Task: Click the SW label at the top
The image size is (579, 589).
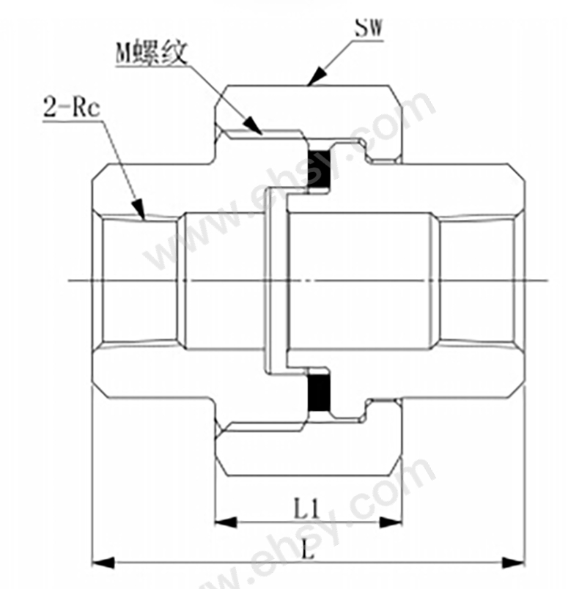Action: click(x=368, y=27)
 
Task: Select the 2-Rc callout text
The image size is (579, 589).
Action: click(x=72, y=108)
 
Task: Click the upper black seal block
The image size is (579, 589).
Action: click(x=319, y=169)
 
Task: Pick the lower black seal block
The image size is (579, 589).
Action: click(x=319, y=393)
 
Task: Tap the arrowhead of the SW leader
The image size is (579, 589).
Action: click(x=316, y=76)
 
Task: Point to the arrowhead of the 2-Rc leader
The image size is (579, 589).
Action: click(x=139, y=210)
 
